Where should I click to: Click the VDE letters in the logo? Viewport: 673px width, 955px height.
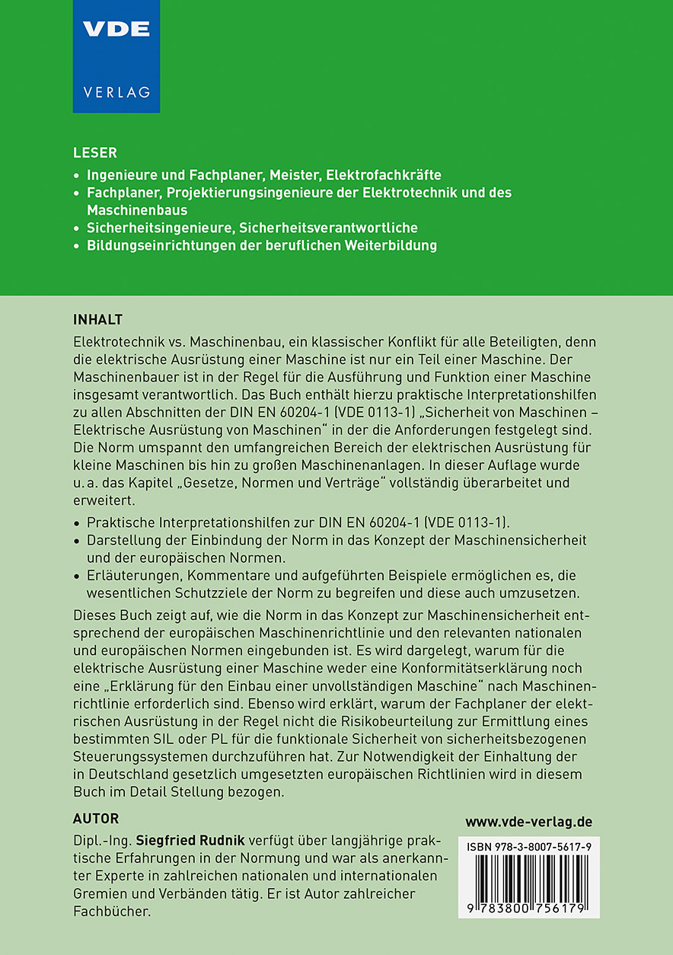tap(116, 30)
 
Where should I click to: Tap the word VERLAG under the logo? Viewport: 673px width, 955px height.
tap(116, 92)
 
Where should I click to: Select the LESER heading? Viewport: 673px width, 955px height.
tap(95, 153)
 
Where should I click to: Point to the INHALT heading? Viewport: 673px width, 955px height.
tap(97, 318)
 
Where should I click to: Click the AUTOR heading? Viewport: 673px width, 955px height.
tap(96, 819)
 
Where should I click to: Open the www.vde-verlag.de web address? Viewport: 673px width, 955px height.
tap(528, 822)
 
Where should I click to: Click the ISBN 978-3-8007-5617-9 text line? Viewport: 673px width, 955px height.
tap(528, 847)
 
